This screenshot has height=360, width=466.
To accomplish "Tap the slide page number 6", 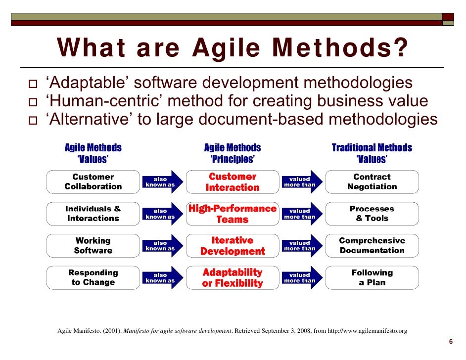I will (x=451, y=342).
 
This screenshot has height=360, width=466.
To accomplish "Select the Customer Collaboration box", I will (x=93, y=182).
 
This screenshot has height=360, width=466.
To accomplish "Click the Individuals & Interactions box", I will (x=93, y=214).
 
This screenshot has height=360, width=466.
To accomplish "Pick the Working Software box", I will (x=93, y=246).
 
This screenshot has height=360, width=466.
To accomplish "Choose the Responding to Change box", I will (x=93, y=277).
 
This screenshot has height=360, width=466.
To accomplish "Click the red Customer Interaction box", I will (x=233, y=182).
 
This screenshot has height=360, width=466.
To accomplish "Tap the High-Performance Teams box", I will (x=233, y=214).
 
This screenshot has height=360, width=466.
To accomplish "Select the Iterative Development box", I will (x=233, y=246).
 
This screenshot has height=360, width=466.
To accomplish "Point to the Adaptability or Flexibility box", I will (x=233, y=277).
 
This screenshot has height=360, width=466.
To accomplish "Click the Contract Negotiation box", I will (x=372, y=182).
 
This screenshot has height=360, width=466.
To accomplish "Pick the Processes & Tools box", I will (x=372, y=214).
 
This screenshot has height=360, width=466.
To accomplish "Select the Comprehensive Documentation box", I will (x=372, y=246).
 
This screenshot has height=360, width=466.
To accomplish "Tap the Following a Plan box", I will (x=372, y=277).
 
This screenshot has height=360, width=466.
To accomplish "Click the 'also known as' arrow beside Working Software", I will (x=161, y=246).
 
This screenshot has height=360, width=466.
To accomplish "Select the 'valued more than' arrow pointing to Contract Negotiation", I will (x=300, y=182).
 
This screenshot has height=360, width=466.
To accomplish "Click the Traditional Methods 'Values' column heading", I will (x=372, y=153).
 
